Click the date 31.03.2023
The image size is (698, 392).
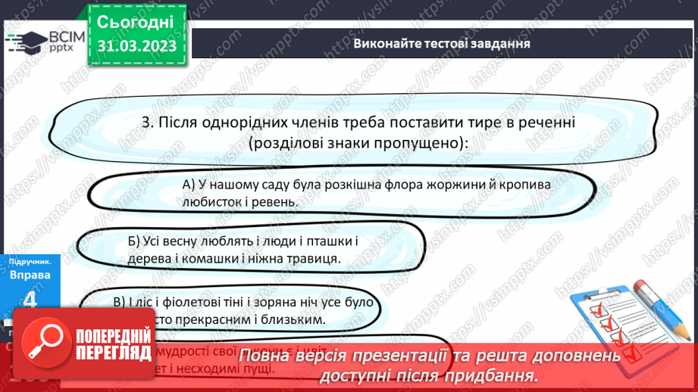(x=136, y=47)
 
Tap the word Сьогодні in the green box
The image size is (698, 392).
(x=136, y=20)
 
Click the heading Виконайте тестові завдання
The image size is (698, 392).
(x=441, y=43)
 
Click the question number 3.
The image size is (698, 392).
(x=146, y=122)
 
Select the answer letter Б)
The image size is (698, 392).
(x=135, y=241)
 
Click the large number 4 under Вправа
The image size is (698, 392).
(x=30, y=300)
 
